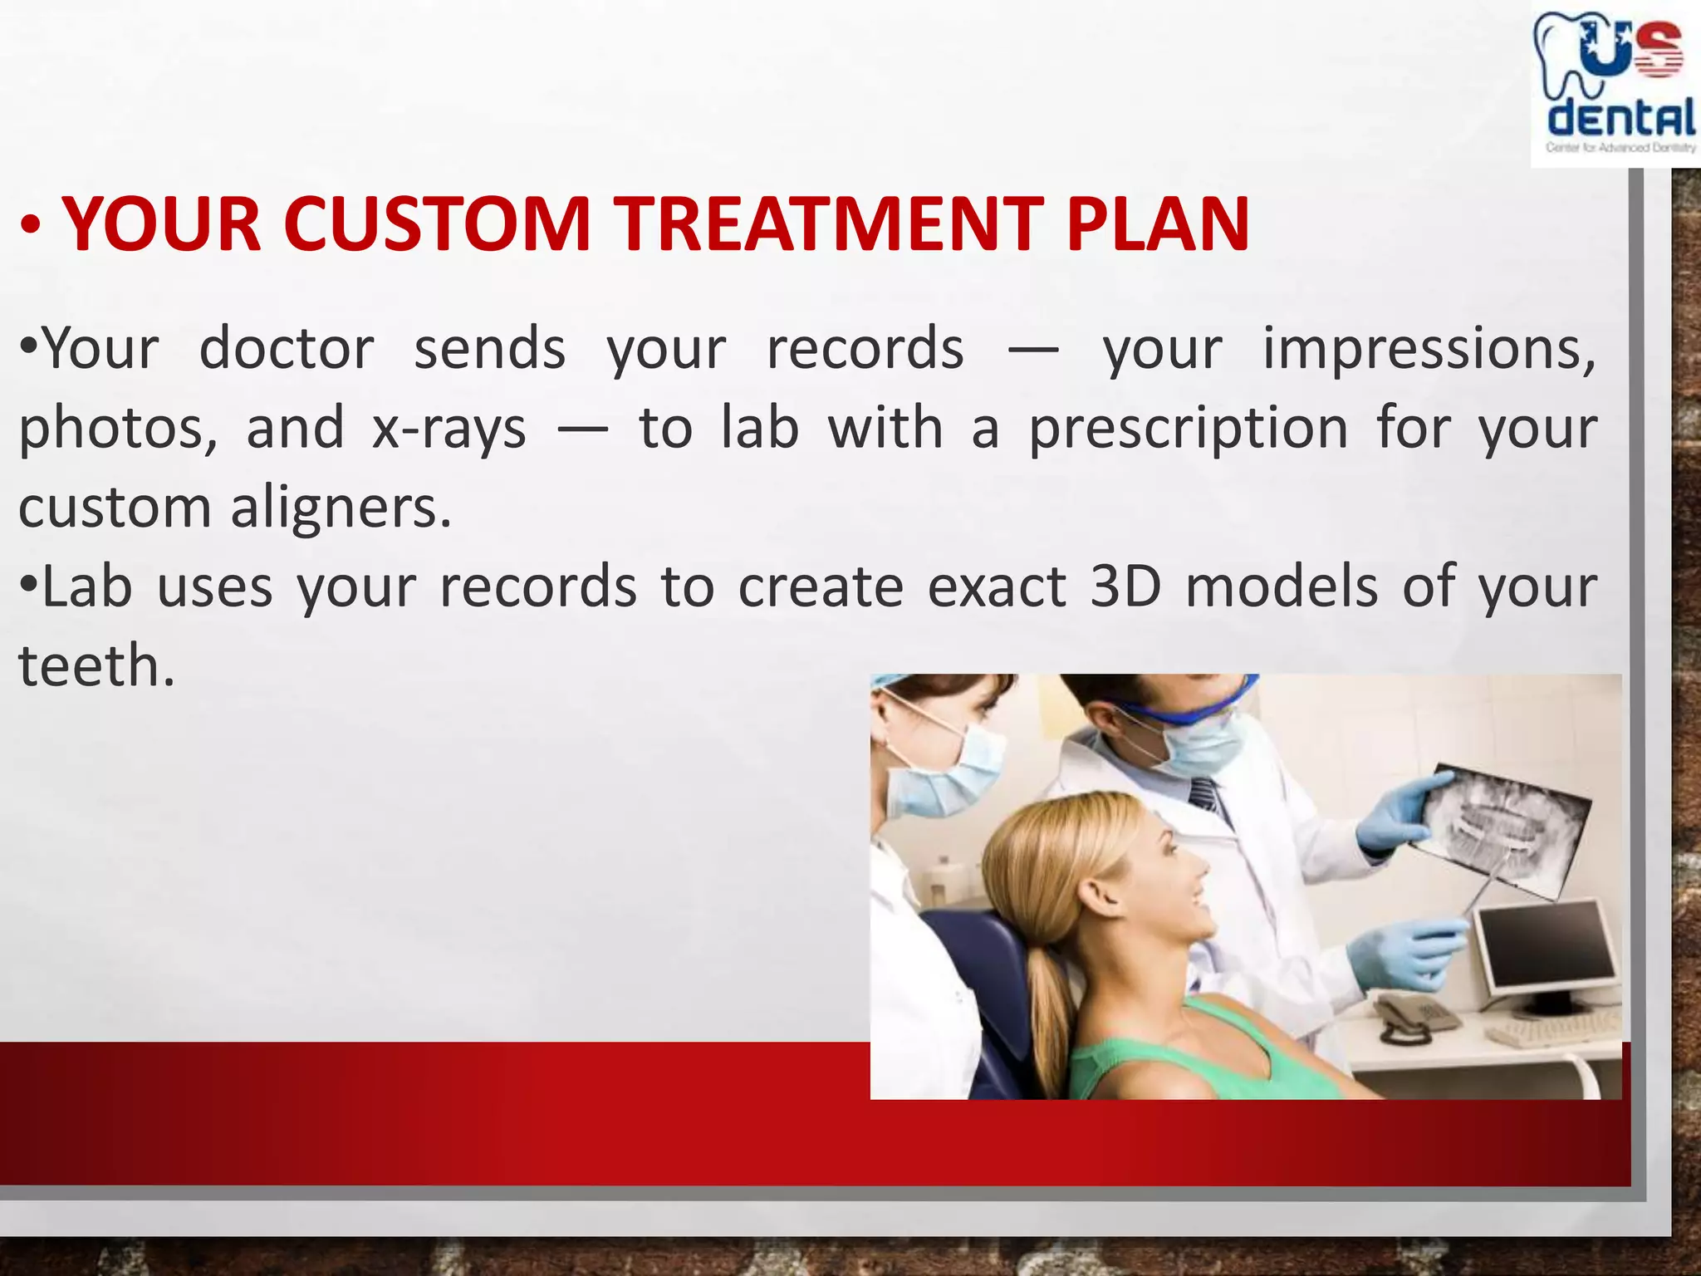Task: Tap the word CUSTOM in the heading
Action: tap(436, 224)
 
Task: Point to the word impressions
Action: tap(1429, 349)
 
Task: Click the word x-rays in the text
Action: tap(449, 429)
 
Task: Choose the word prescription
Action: tap(1188, 429)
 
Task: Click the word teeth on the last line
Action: tap(96, 666)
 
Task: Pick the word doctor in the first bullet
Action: tap(287, 349)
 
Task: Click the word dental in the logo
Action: tap(1620, 118)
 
